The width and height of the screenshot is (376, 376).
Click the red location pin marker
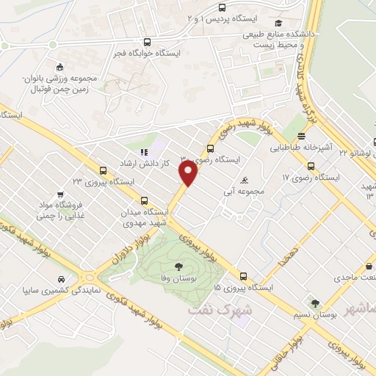click(x=189, y=173)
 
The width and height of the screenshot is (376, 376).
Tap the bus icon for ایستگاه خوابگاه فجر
click(x=148, y=42)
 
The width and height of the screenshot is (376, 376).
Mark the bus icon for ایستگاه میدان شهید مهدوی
click(x=143, y=199)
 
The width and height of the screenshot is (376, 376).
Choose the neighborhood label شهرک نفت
click(x=220, y=309)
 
